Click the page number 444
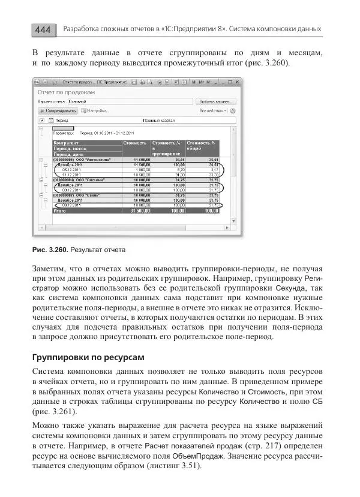43,29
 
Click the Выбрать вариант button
216,102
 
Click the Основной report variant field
81,102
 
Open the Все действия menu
216,111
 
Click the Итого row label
60,211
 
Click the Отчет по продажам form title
67,92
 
